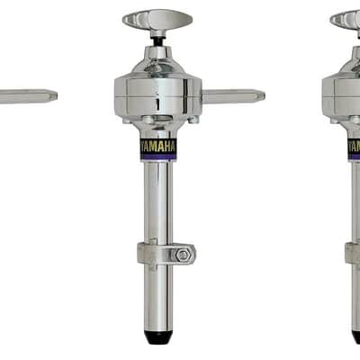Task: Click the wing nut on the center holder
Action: coord(157,20)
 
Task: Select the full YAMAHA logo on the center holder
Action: coord(157,147)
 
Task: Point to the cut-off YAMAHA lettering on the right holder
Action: coord(355,147)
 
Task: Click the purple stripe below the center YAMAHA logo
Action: coord(157,157)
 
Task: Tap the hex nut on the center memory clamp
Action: coord(182,256)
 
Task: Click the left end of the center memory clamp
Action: coord(139,254)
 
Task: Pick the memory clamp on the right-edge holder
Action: coord(352,254)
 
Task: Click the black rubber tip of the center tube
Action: coord(158,337)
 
